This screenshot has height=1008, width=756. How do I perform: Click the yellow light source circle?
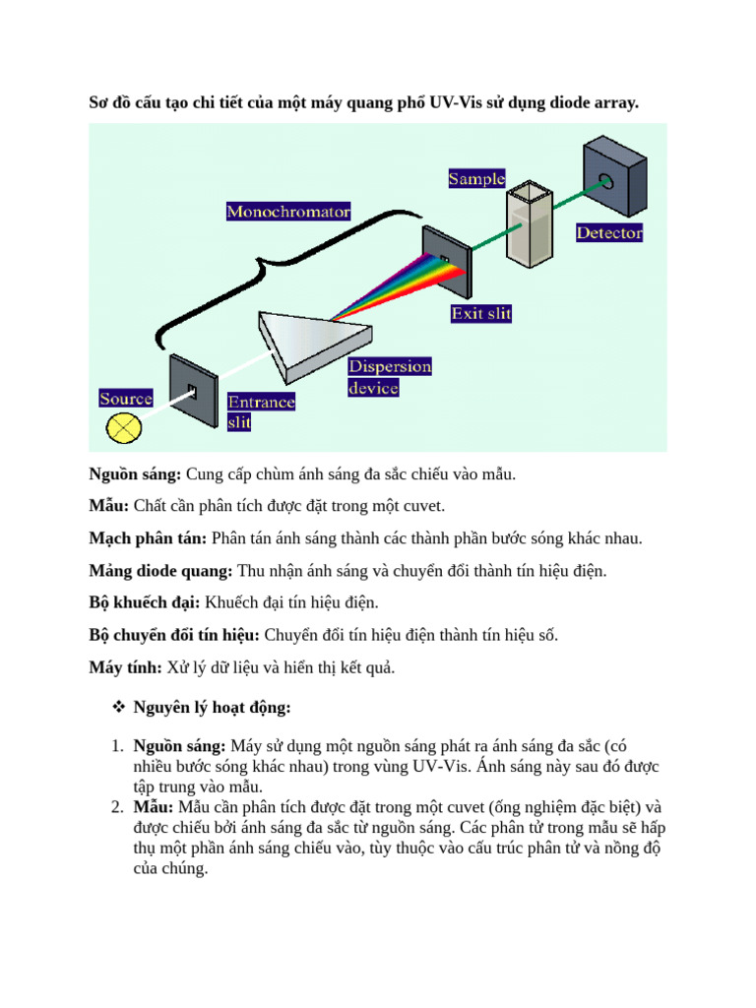coord(125,427)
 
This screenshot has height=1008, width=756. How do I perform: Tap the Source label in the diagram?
coord(126,399)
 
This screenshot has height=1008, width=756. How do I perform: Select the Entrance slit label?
coord(261,412)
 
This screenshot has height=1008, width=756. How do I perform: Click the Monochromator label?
coord(288,212)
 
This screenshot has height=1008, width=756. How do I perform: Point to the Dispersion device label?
coord(389,377)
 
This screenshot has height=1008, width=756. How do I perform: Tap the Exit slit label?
coord(480,314)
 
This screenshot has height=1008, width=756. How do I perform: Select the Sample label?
coord(476,179)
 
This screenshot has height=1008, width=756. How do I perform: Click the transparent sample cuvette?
coord(531,226)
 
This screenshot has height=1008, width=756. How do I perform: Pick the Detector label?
coord(609,233)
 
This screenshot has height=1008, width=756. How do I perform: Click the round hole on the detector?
coord(606,181)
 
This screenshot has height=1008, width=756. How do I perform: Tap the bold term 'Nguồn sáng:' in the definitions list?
coord(135,475)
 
